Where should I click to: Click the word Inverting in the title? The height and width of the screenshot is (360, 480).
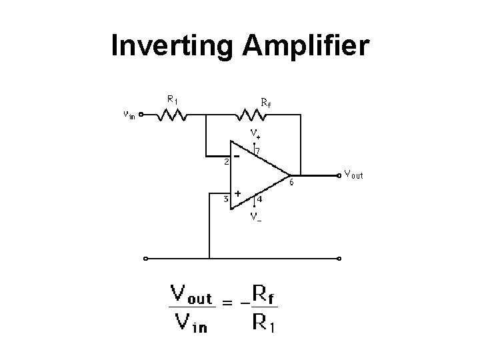pyautogui.click(x=171, y=46)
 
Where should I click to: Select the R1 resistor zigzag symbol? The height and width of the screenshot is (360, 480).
pyautogui.click(x=173, y=116)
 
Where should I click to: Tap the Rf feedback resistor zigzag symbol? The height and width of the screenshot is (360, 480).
pyautogui.click(x=253, y=116)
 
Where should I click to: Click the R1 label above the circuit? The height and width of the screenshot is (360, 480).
pyautogui.click(x=172, y=100)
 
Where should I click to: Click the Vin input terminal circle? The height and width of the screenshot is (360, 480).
pyautogui.click(x=141, y=114)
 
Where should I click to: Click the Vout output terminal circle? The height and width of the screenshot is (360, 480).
pyautogui.click(x=339, y=177)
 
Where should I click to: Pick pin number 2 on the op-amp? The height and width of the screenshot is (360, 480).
pyautogui.click(x=226, y=161)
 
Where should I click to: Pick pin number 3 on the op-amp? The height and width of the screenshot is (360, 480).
pyautogui.click(x=226, y=199)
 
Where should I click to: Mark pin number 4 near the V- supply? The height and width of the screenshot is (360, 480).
pyautogui.click(x=259, y=199)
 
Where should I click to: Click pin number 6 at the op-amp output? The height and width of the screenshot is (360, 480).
pyautogui.click(x=291, y=181)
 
